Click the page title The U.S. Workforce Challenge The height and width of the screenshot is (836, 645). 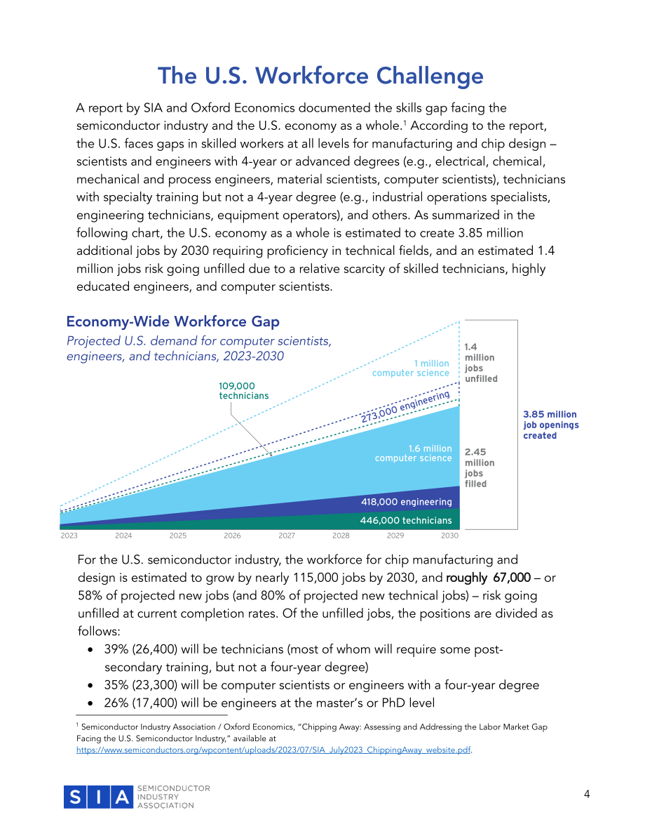(320, 77)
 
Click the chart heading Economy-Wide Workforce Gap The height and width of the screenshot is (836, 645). (172, 321)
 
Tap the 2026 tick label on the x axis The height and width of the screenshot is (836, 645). (232, 536)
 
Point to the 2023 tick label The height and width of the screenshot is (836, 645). (69, 536)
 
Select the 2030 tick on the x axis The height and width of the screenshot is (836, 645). (449, 536)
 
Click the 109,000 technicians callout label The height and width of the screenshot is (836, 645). (244, 391)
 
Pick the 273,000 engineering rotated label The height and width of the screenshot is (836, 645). (405, 406)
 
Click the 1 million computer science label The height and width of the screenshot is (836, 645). (411, 368)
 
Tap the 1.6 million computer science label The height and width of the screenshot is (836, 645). (414, 453)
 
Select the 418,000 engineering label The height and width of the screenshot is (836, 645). (407, 502)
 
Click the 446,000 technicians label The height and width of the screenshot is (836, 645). (406, 520)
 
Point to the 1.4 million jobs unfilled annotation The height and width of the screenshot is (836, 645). (481, 363)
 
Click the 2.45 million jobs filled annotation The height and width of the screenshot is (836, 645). (480, 467)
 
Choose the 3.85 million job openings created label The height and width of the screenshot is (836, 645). (551, 425)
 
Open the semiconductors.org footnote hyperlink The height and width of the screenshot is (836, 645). (273, 750)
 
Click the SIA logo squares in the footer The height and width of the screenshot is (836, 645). (98, 797)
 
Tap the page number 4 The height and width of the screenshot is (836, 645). (587, 795)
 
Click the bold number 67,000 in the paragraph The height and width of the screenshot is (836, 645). (512, 578)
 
